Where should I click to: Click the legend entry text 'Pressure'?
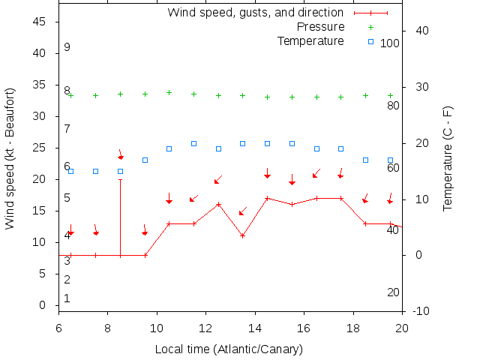tap(320, 27)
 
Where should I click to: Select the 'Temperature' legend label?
tap(310, 40)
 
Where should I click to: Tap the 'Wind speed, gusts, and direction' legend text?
tap(255, 13)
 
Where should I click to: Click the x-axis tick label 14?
tap(255, 328)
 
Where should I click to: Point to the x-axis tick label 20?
tap(402, 328)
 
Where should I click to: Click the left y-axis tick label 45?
tap(40, 22)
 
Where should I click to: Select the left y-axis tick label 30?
tap(40, 117)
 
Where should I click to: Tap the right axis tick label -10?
tap(421, 311)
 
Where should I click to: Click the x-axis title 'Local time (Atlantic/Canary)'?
tap(229, 349)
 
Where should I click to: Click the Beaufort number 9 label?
tap(67, 47)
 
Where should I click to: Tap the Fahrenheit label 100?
tap(390, 43)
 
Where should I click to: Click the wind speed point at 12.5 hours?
tap(218, 204)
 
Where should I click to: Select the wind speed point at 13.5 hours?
tap(243, 235)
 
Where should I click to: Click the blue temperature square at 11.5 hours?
tap(193, 143)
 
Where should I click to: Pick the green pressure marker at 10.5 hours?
tap(169, 93)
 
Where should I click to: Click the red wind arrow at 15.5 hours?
tap(292, 180)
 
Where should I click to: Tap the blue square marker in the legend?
tap(370, 40)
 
